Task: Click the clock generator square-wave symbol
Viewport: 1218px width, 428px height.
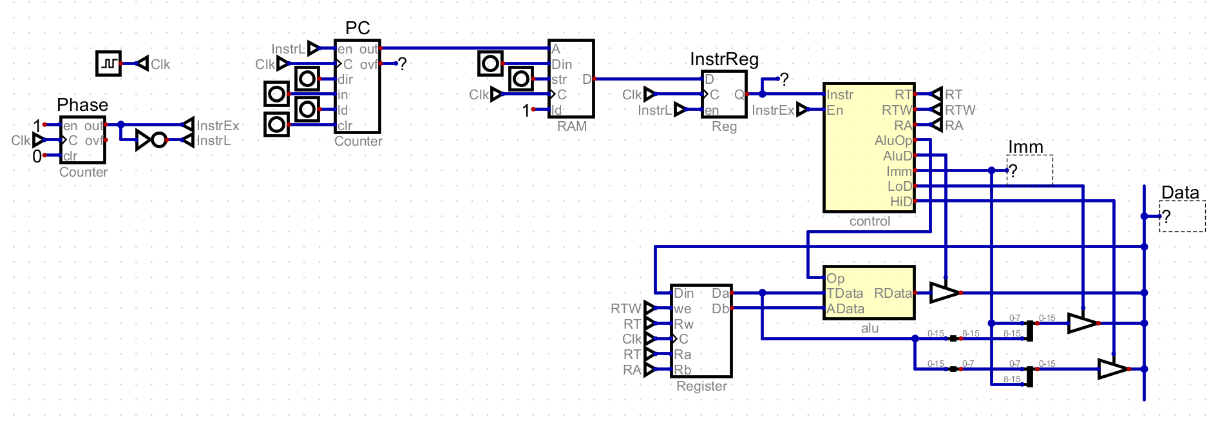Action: click(108, 64)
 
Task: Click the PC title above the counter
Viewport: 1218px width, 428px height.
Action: click(357, 28)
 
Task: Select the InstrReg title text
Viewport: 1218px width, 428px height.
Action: click(724, 59)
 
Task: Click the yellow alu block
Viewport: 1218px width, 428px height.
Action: click(869, 293)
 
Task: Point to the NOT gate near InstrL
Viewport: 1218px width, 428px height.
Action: click(151, 140)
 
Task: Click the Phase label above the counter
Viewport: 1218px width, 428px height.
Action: click(82, 105)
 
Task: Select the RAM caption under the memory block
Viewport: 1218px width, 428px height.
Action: click(572, 126)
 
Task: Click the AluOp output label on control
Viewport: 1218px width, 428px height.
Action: click(893, 141)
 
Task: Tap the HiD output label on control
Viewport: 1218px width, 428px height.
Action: click(900, 202)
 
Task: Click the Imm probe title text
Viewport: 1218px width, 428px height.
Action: click(1025, 147)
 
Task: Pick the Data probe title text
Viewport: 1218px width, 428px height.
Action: click(1179, 193)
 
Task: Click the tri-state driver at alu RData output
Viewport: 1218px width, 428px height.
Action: click(944, 293)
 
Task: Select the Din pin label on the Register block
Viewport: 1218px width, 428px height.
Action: click(684, 293)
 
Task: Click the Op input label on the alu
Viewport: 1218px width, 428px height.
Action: click(835, 278)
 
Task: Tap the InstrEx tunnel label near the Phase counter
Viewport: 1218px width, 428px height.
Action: click(217, 126)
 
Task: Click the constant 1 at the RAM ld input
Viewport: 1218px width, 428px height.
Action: click(526, 111)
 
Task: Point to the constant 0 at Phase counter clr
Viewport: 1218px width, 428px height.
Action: click(37, 156)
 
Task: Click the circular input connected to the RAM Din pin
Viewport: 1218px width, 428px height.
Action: click(490, 63)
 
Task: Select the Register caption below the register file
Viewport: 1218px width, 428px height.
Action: click(701, 386)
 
